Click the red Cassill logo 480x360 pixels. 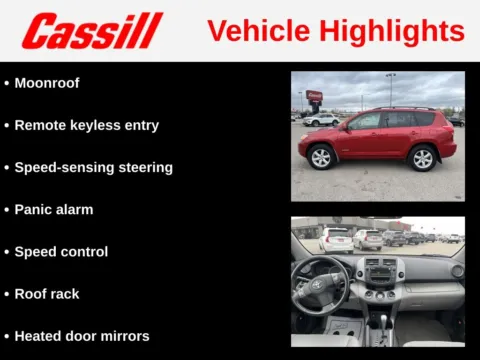tap(92, 31)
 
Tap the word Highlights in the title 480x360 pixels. tap(393, 31)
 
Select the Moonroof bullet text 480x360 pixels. tap(47, 83)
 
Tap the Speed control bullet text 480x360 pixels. tap(61, 252)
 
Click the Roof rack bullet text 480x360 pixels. tap(47, 294)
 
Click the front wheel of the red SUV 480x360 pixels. tap(321, 157)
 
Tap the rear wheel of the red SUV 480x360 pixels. tap(423, 157)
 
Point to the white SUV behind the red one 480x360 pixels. tap(322, 119)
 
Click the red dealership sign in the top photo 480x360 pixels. tap(314, 96)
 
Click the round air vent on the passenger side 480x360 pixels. tap(456, 270)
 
